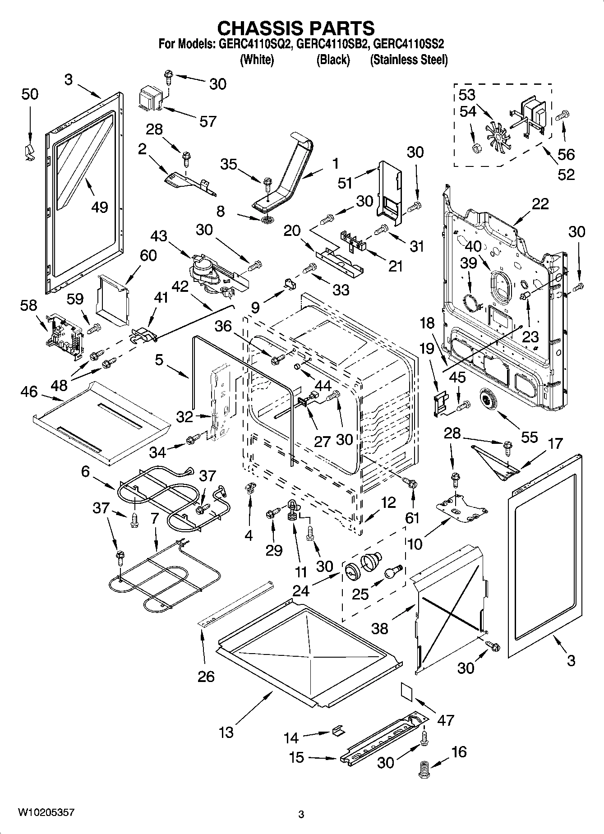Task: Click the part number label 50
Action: tap(30, 94)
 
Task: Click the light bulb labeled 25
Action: tap(392, 572)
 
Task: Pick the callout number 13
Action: tap(226, 732)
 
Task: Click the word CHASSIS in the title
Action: tap(258, 28)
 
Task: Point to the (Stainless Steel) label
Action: tap(409, 60)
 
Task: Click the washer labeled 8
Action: tap(267, 220)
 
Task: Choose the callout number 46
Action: tap(29, 392)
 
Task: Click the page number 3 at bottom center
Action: tap(301, 814)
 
